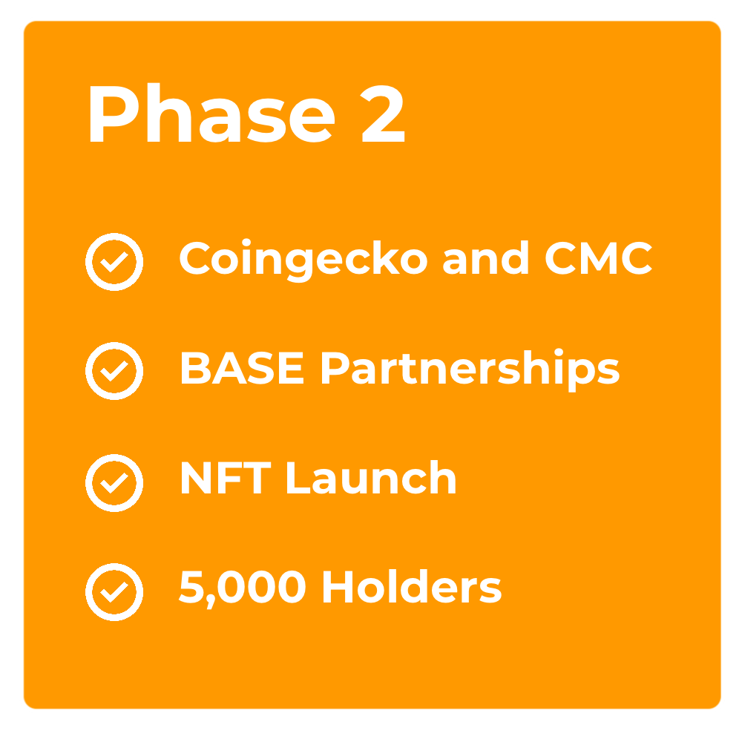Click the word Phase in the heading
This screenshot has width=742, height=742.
click(x=212, y=113)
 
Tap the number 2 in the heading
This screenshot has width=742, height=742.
click(x=382, y=114)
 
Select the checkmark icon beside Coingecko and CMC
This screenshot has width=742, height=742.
click(x=114, y=262)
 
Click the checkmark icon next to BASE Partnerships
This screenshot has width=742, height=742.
click(x=114, y=371)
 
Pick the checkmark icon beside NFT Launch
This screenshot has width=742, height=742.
click(x=114, y=483)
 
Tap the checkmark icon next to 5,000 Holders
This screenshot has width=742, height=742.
click(x=114, y=592)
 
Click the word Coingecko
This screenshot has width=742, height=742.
click(x=303, y=260)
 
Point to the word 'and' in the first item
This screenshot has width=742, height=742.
click(x=485, y=257)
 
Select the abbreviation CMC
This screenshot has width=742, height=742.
click(x=599, y=258)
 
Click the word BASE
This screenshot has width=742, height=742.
click(x=243, y=368)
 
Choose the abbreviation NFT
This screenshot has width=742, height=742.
click(x=226, y=477)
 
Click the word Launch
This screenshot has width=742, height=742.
click(x=372, y=477)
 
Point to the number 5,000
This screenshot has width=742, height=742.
click(x=243, y=588)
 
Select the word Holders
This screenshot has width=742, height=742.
click(x=412, y=586)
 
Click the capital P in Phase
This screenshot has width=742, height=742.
click(x=114, y=114)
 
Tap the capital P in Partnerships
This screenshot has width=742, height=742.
click(x=335, y=368)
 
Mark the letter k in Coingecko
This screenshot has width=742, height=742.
click(x=386, y=257)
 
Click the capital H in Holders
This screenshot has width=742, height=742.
click(x=338, y=587)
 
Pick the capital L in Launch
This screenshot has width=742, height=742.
click(x=298, y=477)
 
